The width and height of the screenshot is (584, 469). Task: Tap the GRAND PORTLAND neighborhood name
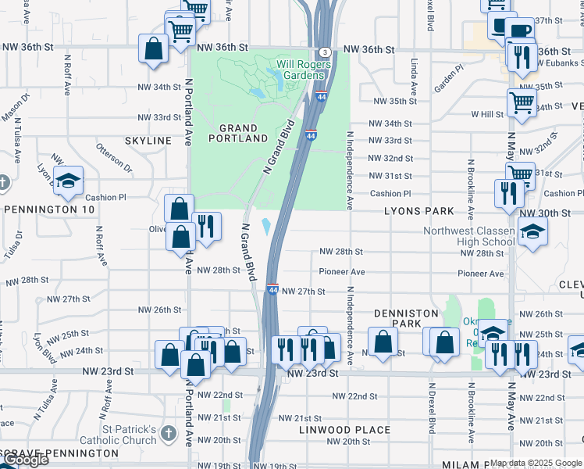point(238,133)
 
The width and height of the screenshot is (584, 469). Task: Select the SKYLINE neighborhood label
point(148,140)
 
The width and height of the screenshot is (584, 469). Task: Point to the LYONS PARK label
point(418,211)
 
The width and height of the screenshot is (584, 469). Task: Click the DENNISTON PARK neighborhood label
point(406,318)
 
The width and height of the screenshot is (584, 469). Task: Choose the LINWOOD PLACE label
point(345,430)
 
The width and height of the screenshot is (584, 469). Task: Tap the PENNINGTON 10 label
point(49,209)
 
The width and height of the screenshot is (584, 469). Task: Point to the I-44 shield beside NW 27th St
point(272,290)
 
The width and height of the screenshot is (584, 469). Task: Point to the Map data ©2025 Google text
point(536,463)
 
